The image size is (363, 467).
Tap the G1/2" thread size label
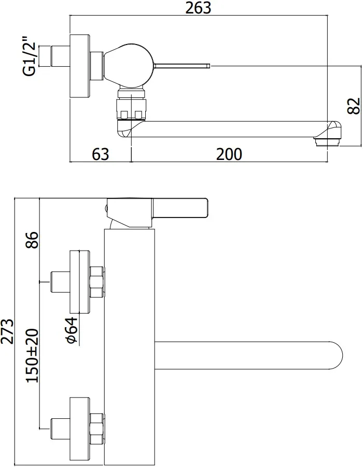[x=31, y=56]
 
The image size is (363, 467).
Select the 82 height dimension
[x=354, y=106]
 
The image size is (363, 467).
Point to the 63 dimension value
[x=101, y=154]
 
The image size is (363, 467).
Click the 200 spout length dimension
[x=229, y=154]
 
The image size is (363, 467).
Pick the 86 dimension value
[x=32, y=240]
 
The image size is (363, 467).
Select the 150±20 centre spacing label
[x=32, y=356]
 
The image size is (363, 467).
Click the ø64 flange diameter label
[x=72, y=330]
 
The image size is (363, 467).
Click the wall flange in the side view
[x=80, y=66]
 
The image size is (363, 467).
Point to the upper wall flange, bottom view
[x=80, y=282]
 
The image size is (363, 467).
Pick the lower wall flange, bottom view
[x=80, y=429]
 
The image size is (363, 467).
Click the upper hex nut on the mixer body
[x=96, y=282]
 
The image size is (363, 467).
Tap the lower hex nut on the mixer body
[x=96, y=429]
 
